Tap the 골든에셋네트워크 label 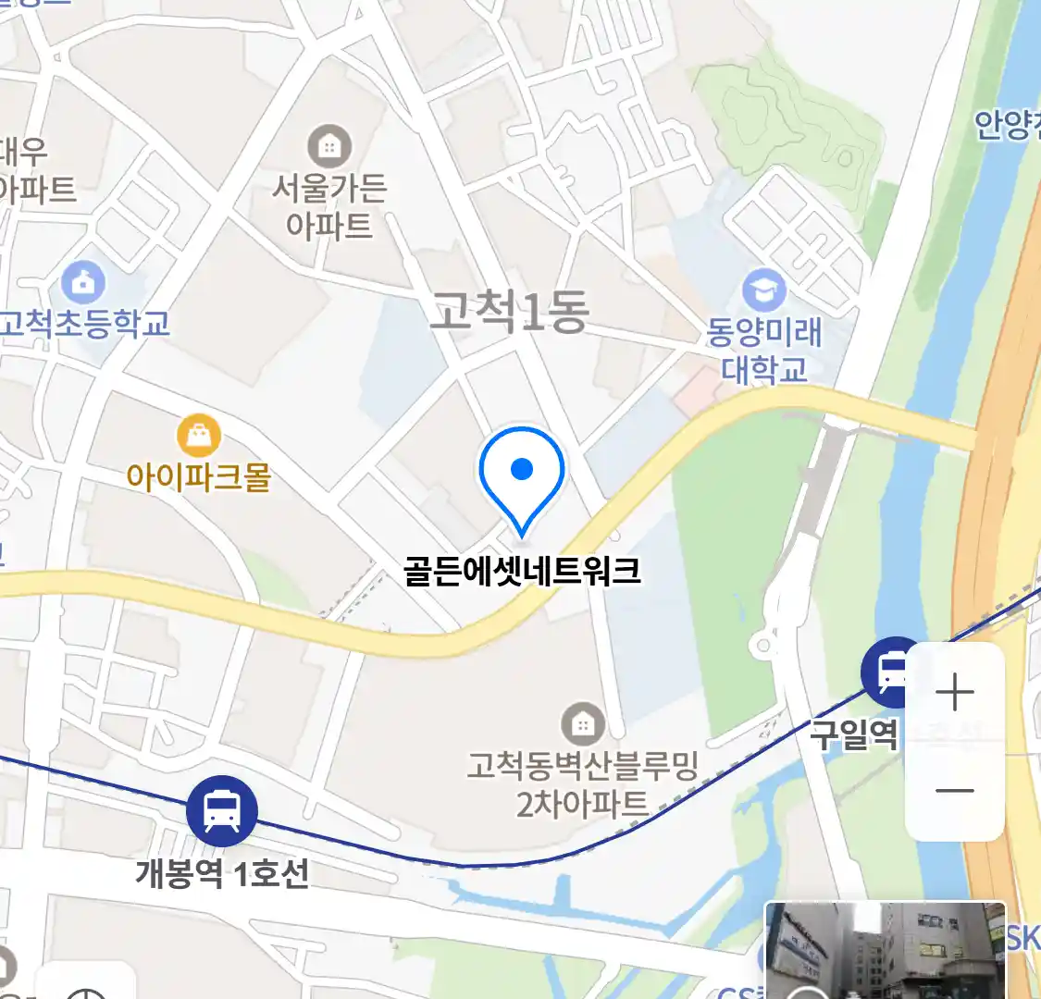522,570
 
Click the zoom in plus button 955,693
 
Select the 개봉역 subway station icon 222,810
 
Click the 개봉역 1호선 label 222,872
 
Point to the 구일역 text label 853,734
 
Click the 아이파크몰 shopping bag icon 198,435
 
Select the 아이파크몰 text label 198,477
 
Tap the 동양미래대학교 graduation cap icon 763,290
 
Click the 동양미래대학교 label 764,351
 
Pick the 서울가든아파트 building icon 328,146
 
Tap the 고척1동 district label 510,311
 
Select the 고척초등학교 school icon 83,282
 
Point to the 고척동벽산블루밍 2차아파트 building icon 582,724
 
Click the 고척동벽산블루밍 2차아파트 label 582,784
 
